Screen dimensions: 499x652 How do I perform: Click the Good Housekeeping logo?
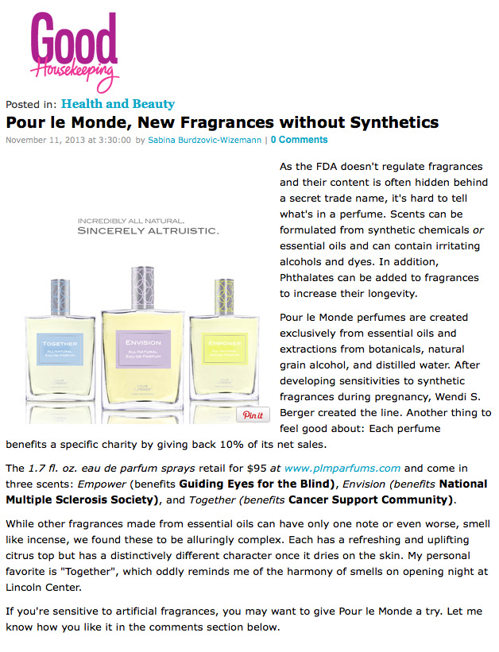point(74,52)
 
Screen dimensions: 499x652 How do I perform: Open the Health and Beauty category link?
point(118,103)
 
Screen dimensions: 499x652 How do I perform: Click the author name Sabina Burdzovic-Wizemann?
point(205,140)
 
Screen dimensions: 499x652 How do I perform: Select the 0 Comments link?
point(300,140)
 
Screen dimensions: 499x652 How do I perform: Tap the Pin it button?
point(253,415)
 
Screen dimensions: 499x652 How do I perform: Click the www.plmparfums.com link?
point(342,469)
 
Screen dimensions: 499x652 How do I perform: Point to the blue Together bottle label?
point(60,349)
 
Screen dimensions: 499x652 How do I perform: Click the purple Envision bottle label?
point(143,349)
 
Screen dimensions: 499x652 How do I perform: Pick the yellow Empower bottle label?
point(225,348)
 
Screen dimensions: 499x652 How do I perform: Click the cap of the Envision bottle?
point(143,287)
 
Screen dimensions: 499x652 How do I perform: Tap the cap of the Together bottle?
point(60,297)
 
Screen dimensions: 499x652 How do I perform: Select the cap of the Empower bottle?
point(225,297)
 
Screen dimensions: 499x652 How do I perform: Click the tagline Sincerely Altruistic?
point(148,231)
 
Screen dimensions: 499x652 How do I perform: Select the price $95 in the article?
point(257,469)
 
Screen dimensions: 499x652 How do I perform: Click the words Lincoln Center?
point(43,588)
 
